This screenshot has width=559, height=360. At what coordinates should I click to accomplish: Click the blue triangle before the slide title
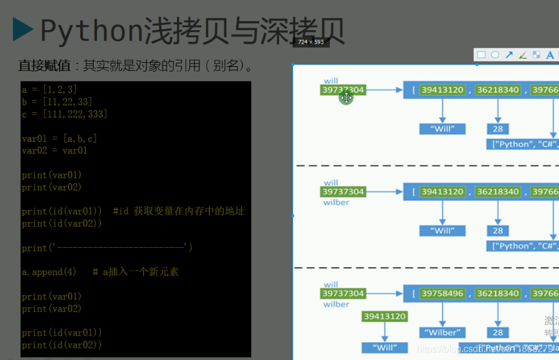[x=23, y=30]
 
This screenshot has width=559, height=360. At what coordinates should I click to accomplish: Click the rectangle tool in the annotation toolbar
[x=481, y=55]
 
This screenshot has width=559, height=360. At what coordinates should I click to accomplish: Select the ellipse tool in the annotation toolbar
[x=495, y=55]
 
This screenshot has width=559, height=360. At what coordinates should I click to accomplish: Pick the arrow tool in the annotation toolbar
[x=509, y=55]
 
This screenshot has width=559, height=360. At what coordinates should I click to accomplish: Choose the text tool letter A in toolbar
[x=550, y=55]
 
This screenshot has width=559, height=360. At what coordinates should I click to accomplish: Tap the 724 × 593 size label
[x=311, y=42]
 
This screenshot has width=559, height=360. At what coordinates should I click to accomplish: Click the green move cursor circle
[x=346, y=98]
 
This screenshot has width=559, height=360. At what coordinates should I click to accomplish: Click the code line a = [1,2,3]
[x=49, y=90]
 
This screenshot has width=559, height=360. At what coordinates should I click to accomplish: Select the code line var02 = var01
[x=55, y=151]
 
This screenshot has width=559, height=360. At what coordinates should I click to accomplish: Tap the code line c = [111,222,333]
[x=65, y=114]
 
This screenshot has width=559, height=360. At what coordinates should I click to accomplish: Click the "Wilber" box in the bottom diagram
[x=442, y=333]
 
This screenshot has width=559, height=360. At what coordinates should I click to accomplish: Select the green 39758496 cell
[x=442, y=294]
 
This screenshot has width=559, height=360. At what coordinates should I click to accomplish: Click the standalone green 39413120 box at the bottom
[x=384, y=316]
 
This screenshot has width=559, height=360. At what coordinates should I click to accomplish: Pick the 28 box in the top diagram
[x=498, y=129]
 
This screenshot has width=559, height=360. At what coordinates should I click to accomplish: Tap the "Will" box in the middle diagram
[x=442, y=231]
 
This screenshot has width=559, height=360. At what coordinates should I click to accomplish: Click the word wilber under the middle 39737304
[x=336, y=202]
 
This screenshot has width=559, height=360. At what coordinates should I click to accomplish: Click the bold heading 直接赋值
[x=43, y=65]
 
